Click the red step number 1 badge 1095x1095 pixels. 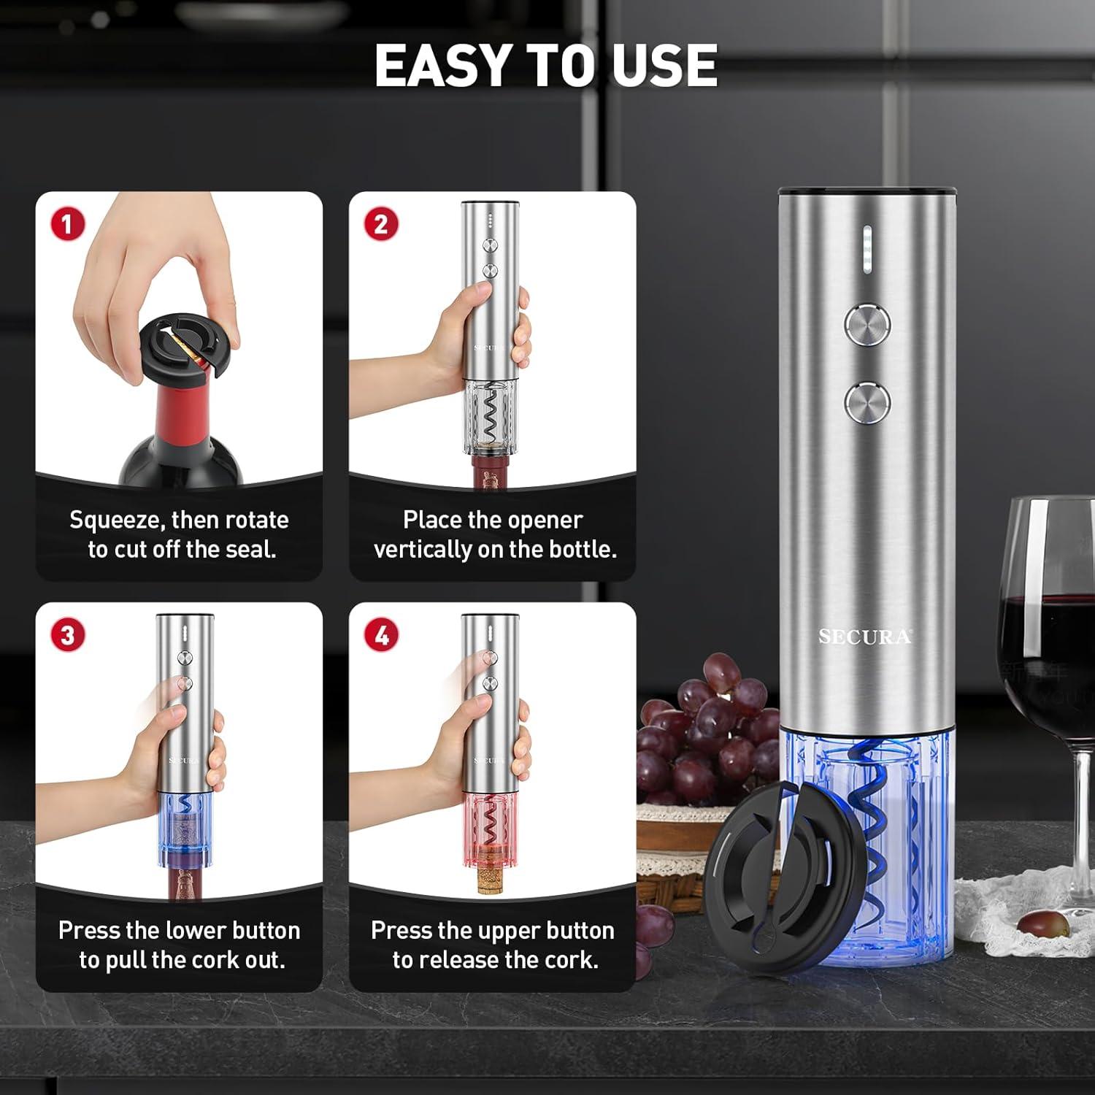point(67,224)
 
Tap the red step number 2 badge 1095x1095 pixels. point(381,224)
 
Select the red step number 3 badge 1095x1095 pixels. point(67,634)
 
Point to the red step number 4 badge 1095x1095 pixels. point(381,634)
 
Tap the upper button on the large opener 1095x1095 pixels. point(867,323)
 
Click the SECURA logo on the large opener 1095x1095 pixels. point(865,637)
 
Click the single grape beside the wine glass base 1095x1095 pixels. point(1043,923)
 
